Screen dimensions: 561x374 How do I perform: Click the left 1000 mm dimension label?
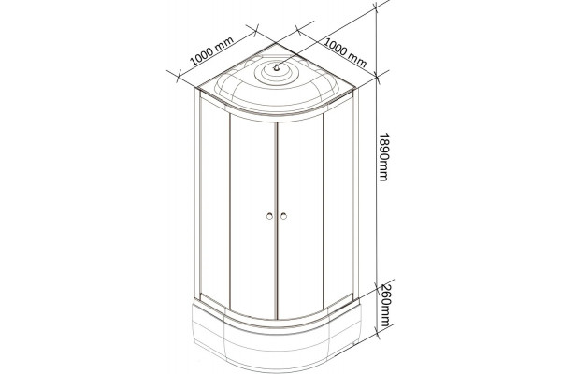point(211,51)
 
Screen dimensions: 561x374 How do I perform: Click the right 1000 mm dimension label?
point(346,52)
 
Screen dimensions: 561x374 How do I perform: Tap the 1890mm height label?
point(383,157)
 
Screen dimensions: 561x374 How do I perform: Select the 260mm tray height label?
point(384,305)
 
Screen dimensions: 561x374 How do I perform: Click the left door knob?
point(269,216)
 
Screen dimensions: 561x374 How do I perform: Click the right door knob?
point(283,216)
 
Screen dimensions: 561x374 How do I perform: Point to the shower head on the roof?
point(276,67)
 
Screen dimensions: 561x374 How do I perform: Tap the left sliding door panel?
point(252,217)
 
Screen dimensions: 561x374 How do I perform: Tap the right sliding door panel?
point(300,217)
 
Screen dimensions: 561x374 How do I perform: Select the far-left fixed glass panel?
point(214,200)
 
